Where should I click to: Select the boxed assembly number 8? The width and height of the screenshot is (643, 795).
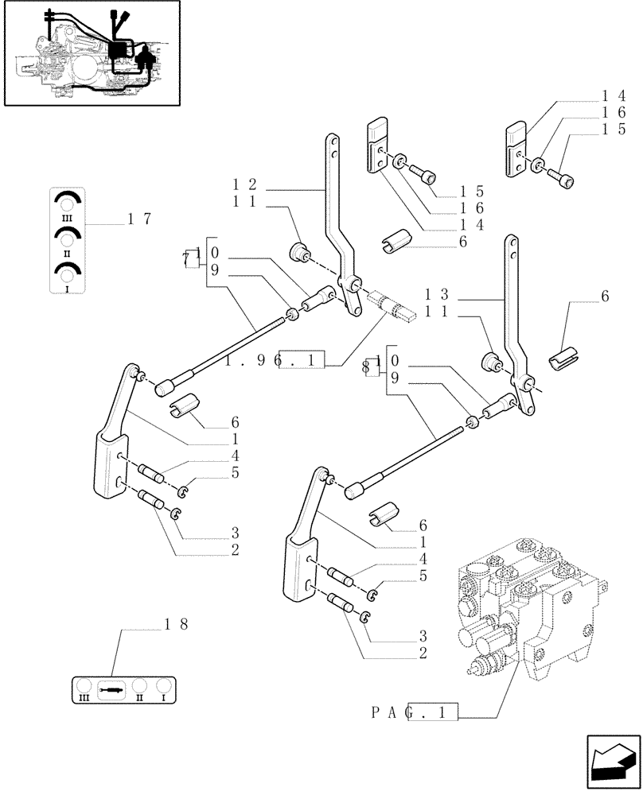[368, 368]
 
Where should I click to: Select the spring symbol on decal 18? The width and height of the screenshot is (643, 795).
[112, 689]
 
